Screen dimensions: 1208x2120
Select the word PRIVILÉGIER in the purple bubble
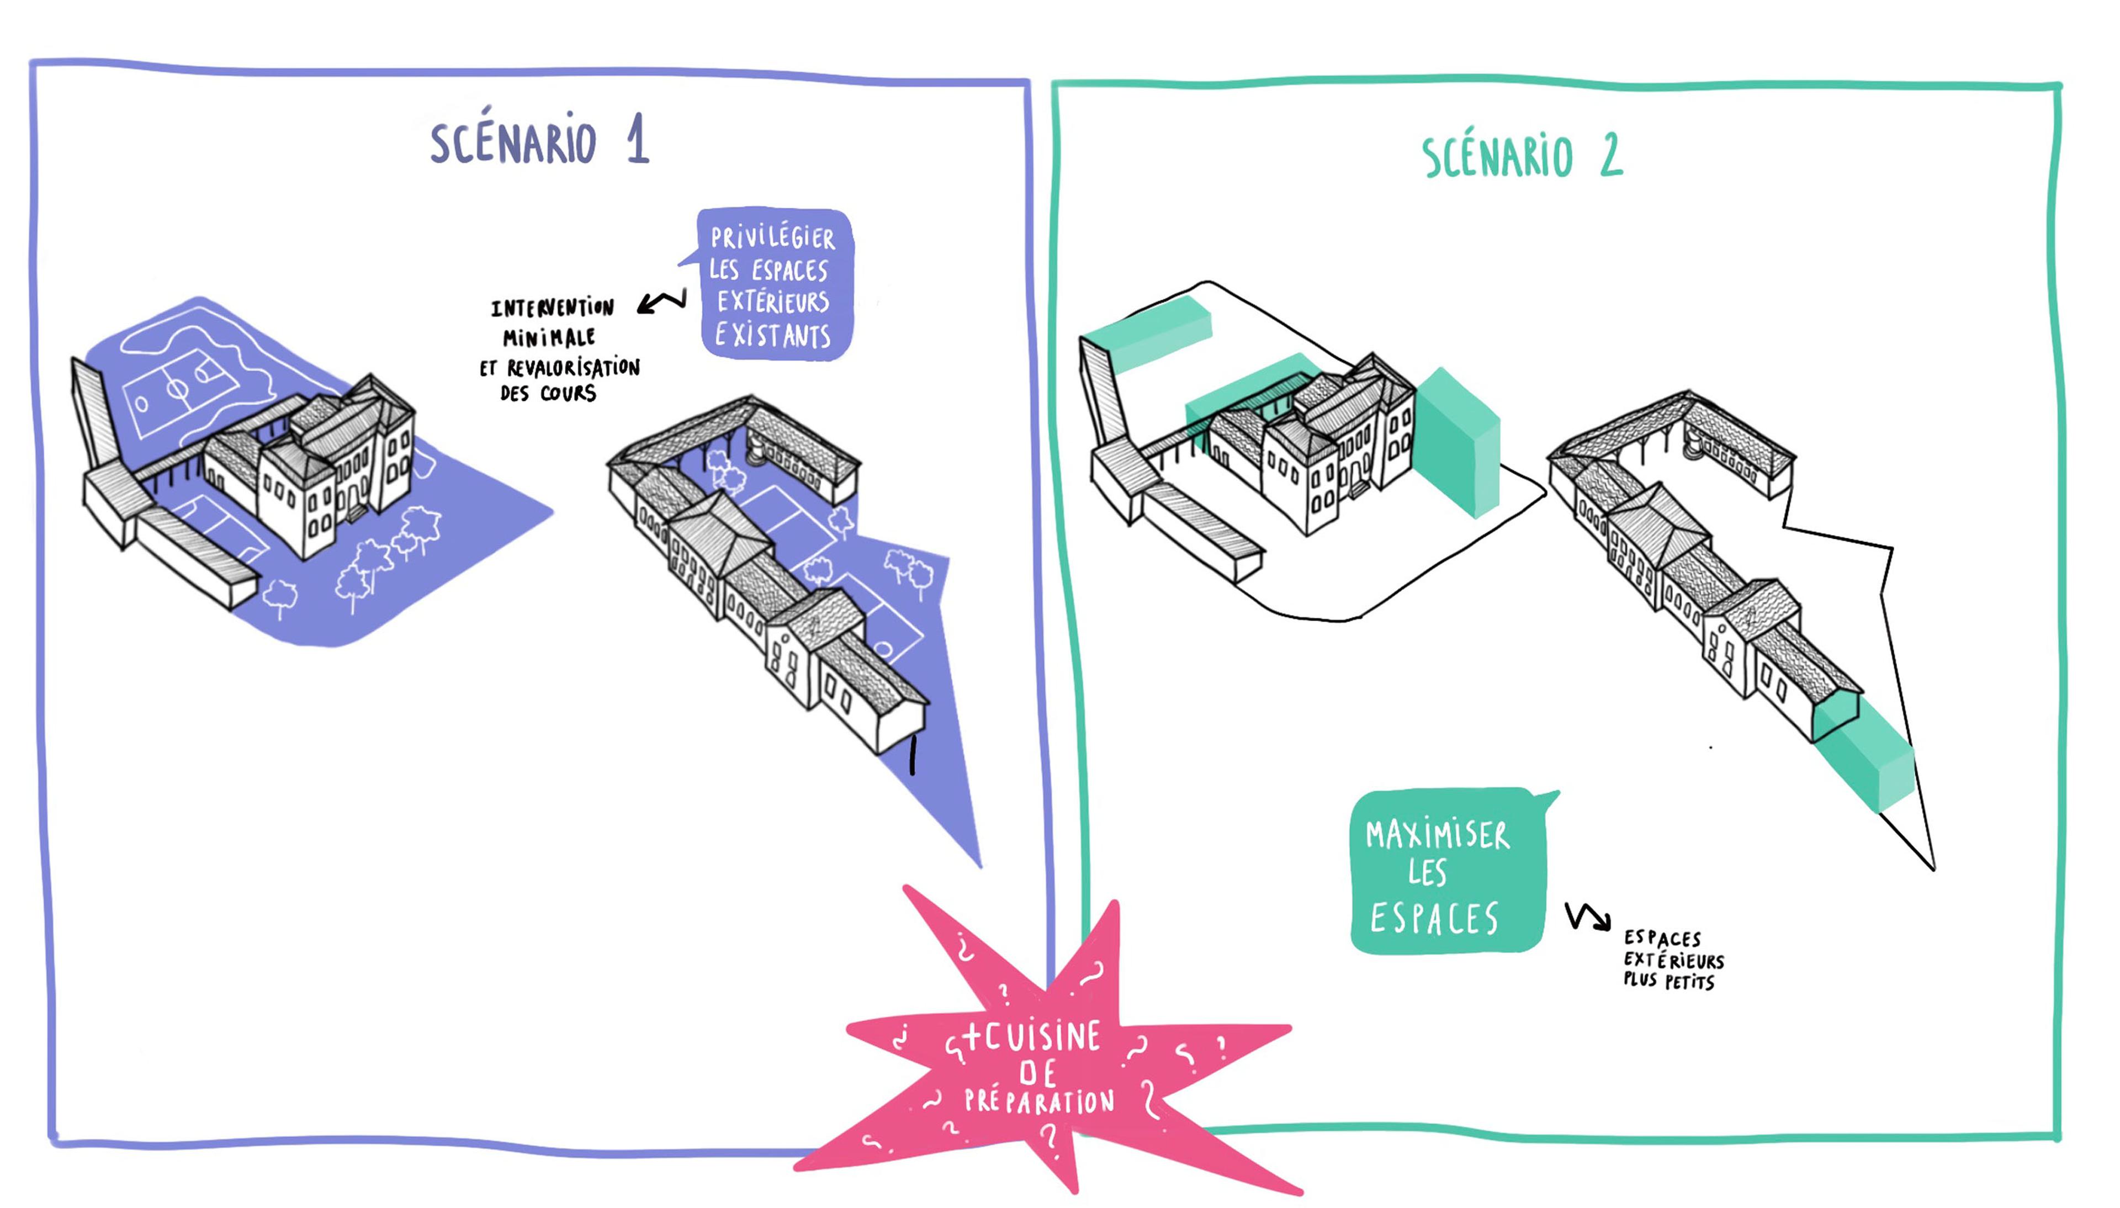[772, 238]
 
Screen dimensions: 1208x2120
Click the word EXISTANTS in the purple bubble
[772, 336]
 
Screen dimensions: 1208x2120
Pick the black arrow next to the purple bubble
[662, 302]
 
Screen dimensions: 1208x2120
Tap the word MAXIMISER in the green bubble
[1437, 835]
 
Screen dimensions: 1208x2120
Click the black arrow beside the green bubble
[1587, 918]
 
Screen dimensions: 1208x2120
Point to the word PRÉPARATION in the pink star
[1038, 1102]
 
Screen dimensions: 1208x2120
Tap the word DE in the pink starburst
[1037, 1073]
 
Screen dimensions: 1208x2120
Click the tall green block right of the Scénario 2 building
[1457, 444]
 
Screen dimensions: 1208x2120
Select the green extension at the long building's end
[1866, 751]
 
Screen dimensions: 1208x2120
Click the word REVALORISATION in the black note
[573, 368]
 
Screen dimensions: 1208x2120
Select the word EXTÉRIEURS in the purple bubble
[773, 302]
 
